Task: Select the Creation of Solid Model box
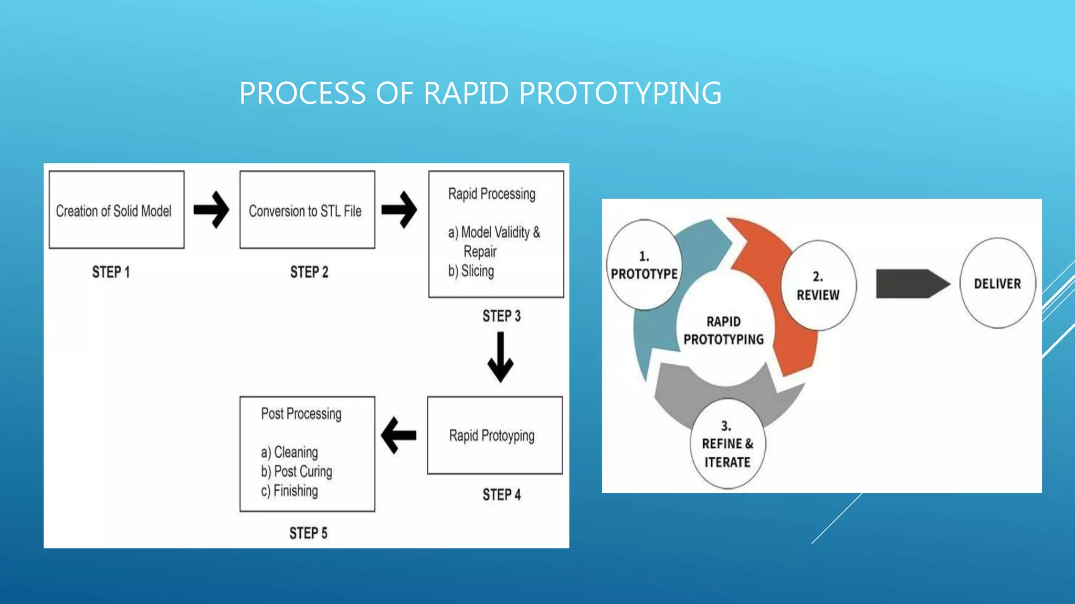pyautogui.click(x=117, y=210)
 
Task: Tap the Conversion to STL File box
pyautogui.click(x=307, y=210)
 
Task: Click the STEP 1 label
pyautogui.click(x=111, y=272)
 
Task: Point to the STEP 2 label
pyautogui.click(x=309, y=272)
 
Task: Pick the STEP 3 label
pyautogui.click(x=501, y=316)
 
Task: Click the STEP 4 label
pyautogui.click(x=501, y=495)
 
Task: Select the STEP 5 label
pyautogui.click(x=308, y=533)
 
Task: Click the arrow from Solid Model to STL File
pyautogui.click(x=212, y=210)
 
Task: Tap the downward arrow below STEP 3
pyautogui.click(x=500, y=358)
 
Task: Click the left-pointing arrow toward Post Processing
pyautogui.click(x=399, y=435)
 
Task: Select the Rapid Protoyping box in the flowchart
pyautogui.click(x=494, y=435)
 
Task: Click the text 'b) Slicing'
pyautogui.click(x=471, y=271)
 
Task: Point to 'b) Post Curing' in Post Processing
pyautogui.click(x=297, y=471)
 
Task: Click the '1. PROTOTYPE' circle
pyautogui.click(x=644, y=265)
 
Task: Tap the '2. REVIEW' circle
pyautogui.click(x=818, y=286)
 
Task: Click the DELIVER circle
pyautogui.click(x=997, y=284)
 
